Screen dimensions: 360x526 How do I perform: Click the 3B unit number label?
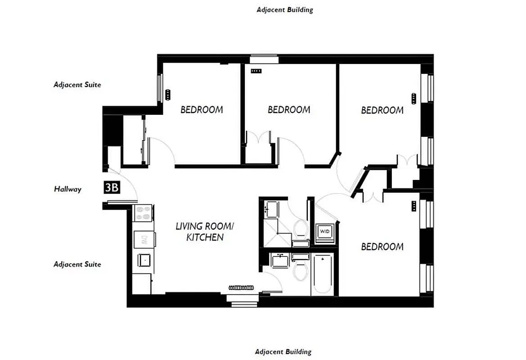pos(112,187)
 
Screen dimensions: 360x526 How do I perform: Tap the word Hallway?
pos(68,189)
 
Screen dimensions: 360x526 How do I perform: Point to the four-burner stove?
pos(144,213)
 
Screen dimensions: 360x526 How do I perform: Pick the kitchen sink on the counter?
pos(144,260)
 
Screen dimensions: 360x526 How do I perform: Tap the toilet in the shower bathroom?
pos(300,229)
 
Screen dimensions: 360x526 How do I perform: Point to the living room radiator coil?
pos(242,287)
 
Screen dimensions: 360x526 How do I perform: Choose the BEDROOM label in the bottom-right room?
pos(382,247)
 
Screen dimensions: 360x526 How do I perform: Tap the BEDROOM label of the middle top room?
pos(289,110)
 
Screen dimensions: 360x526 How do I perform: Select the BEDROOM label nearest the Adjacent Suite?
pos(202,109)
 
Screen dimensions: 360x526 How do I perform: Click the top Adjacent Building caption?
pos(284,9)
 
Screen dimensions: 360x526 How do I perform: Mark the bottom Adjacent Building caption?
pos(283,351)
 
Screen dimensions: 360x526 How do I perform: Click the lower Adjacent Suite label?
pos(77,264)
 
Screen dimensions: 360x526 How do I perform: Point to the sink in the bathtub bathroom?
pos(279,261)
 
